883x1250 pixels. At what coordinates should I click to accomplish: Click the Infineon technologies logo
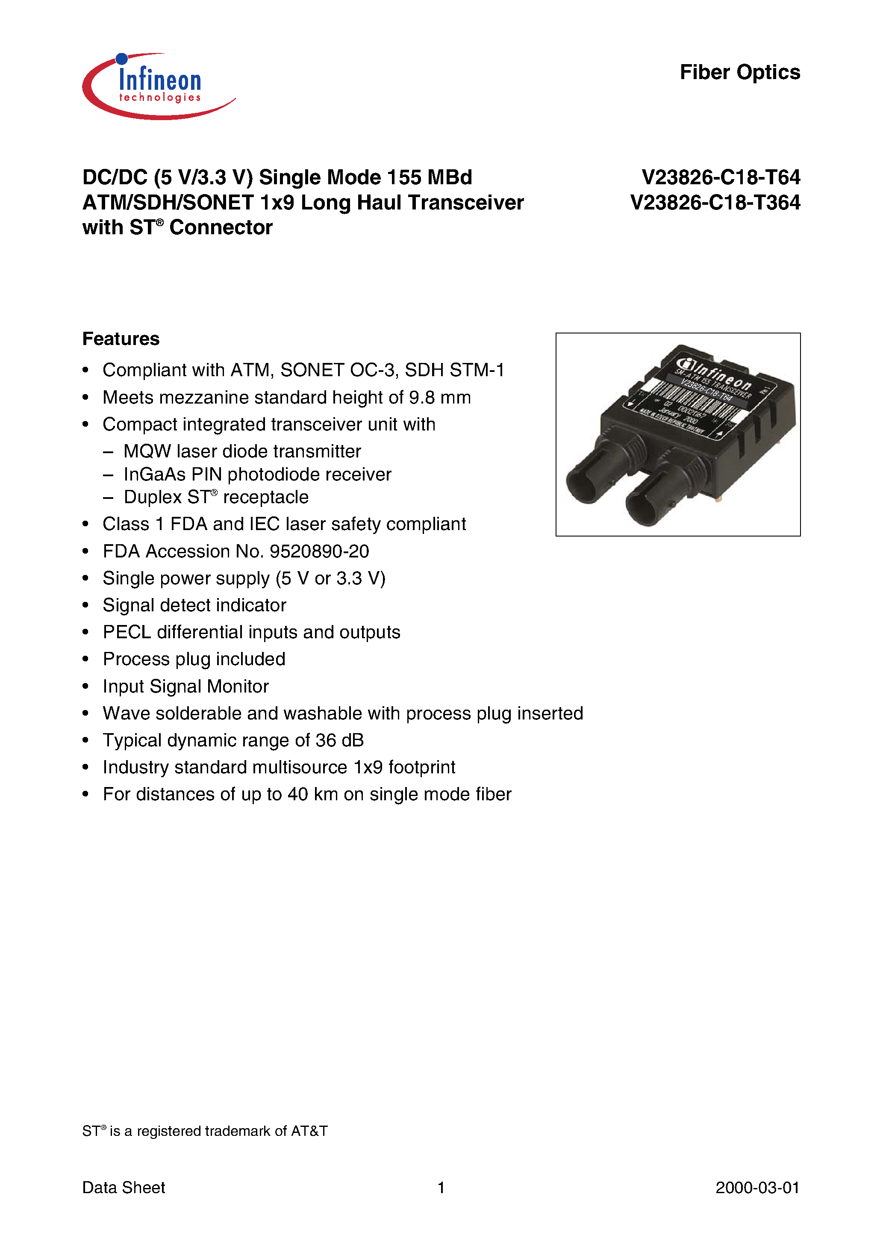coord(158,86)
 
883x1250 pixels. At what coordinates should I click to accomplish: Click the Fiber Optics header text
coord(739,72)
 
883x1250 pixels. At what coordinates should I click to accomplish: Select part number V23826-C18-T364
coord(715,203)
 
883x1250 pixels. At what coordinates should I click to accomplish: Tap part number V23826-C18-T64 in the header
coord(720,177)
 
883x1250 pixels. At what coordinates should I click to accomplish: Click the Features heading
coord(121,339)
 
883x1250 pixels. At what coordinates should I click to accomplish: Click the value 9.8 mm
coord(439,398)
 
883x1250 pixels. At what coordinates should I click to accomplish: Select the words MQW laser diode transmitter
coord(242,451)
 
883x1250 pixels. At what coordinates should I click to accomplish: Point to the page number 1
coord(441,1188)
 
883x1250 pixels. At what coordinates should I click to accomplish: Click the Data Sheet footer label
coord(124,1188)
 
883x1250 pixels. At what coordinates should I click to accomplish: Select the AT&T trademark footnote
coord(205,1131)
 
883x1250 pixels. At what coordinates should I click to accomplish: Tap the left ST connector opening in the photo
coord(585,484)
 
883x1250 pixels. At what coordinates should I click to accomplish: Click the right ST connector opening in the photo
coord(645,508)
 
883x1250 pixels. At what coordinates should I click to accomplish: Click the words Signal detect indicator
coord(194,605)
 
